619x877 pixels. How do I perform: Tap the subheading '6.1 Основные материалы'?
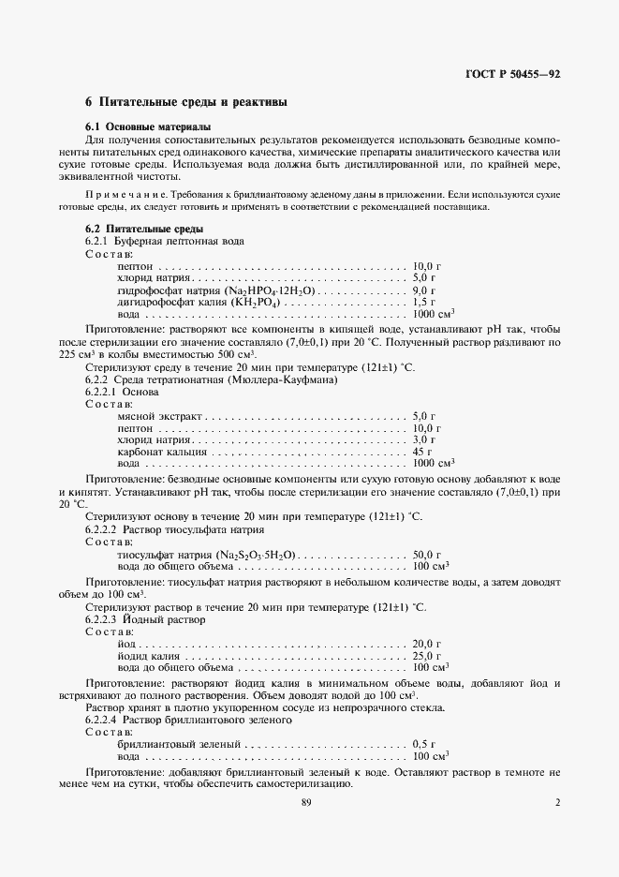coord(148,126)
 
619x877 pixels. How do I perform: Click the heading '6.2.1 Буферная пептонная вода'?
coord(165,242)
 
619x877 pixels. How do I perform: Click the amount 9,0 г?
coord(424,291)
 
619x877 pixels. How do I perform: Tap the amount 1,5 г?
coord(424,304)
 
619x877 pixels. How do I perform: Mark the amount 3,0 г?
coord(424,439)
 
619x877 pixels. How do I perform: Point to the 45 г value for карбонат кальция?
coord(422,452)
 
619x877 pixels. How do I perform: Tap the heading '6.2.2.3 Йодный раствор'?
coord(145,620)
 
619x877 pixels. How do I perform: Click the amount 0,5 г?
coord(424,743)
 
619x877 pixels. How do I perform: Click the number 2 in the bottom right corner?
coord(557,803)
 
